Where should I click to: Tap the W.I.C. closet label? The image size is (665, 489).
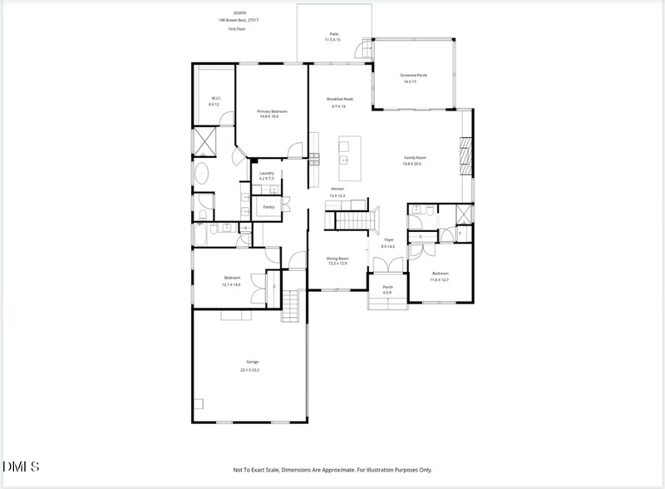point(214,100)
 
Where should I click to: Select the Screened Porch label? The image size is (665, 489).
point(413,76)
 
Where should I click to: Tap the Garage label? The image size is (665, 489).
point(250,362)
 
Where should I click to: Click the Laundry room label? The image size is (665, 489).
point(266,173)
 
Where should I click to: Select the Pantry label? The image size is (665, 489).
point(268,206)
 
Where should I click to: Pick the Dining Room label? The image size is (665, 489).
point(337,259)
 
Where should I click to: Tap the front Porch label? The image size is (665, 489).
point(387,289)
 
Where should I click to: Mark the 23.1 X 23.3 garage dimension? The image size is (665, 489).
point(250,369)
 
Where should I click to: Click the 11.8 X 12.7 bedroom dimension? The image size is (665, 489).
point(440,279)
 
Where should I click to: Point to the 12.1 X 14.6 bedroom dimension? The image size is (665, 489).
point(231,284)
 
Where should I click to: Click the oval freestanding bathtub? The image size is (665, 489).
point(202,174)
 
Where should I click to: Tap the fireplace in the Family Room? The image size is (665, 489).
point(465,156)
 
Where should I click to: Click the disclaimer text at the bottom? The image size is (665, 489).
point(332,470)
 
